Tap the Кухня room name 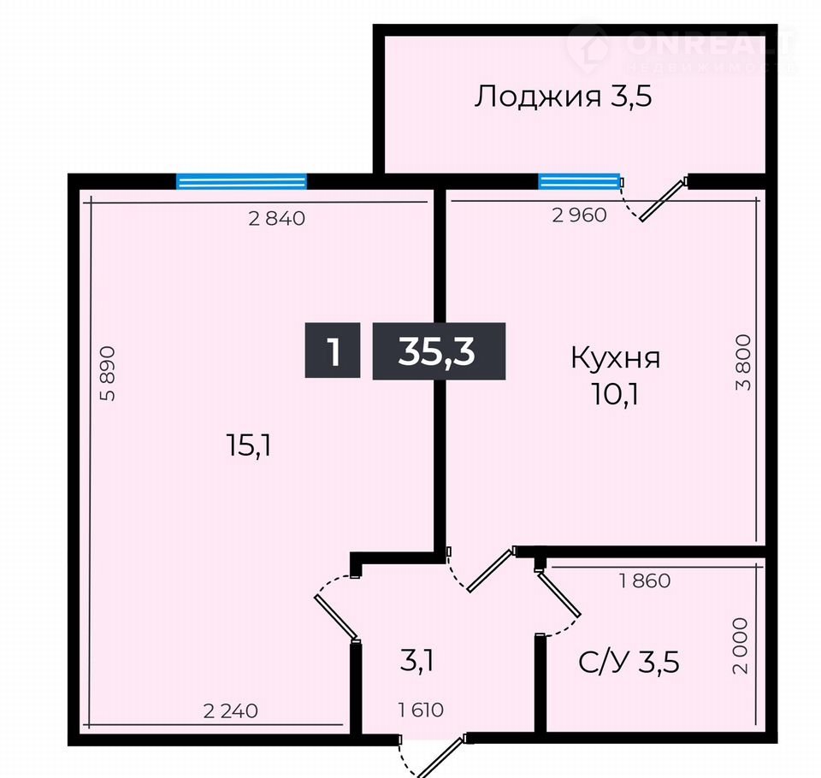(x=615, y=359)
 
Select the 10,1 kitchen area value (x=615, y=395)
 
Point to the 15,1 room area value (x=249, y=446)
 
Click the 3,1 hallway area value (x=416, y=661)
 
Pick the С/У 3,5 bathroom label (x=629, y=662)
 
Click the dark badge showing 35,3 (x=439, y=351)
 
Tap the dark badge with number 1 (x=333, y=351)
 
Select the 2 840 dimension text (x=276, y=218)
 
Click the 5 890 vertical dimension (x=108, y=374)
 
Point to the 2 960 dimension (x=579, y=215)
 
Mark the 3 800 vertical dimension (x=743, y=362)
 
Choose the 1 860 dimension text (x=645, y=581)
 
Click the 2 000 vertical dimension (x=741, y=645)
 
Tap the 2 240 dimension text (x=230, y=711)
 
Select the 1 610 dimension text (x=421, y=710)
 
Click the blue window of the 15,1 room (x=241, y=181)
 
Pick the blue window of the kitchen (x=580, y=181)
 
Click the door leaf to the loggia (x=664, y=199)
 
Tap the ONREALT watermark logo (x=681, y=48)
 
